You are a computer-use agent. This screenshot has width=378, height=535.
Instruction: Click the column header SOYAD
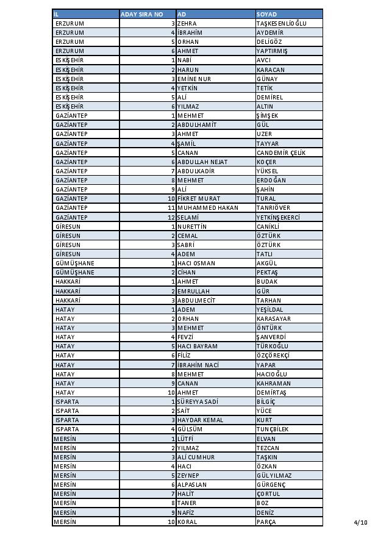[x=267, y=14]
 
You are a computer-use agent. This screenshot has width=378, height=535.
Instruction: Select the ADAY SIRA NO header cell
[x=142, y=14]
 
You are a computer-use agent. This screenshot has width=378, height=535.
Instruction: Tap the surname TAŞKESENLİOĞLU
[x=282, y=23]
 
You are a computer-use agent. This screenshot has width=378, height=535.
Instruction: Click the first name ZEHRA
[x=187, y=23]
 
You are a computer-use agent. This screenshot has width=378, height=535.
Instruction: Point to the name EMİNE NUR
[x=195, y=79]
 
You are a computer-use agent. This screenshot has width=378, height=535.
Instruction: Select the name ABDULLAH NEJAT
[x=198, y=162]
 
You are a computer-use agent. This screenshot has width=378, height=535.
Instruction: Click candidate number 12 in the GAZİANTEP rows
[x=171, y=217]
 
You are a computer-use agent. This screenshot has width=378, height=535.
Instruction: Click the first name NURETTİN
[x=193, y=226]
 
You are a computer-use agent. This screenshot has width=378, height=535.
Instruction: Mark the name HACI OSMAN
[x=196, y=264]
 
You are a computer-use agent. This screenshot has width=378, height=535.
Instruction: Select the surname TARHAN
[x=269, y=300]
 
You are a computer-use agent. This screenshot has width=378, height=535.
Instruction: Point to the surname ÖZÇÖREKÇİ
[x=273, y=356]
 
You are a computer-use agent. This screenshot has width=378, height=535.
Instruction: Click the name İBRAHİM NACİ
[x=198, y=365]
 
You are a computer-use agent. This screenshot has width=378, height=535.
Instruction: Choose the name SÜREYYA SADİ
[x=198, y=402]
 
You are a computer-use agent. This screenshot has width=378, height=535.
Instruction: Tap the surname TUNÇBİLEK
[x=273, y=429]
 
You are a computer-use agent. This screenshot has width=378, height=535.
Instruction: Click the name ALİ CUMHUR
[x=196, y=457]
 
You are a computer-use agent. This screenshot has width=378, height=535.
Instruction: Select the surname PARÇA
[x=266, y=522]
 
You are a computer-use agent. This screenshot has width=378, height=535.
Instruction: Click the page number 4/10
[x=360, y=522]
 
